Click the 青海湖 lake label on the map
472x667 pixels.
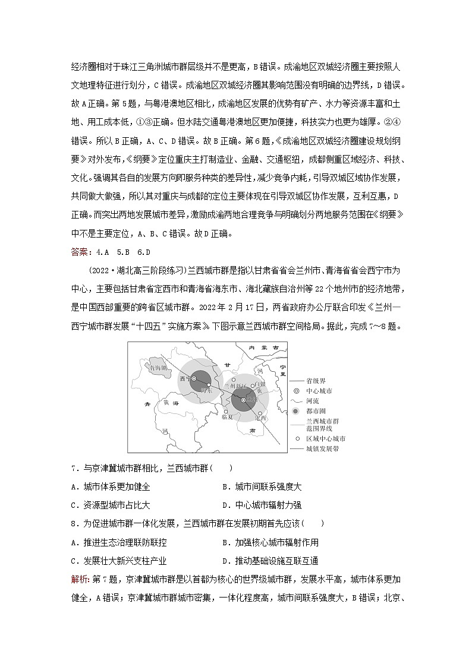[158, 368]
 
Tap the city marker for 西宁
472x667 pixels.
[194, 378]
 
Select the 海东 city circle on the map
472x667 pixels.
[209, 385]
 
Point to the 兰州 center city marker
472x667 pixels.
[244, 400]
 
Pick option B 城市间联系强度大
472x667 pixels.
[262, 486]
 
